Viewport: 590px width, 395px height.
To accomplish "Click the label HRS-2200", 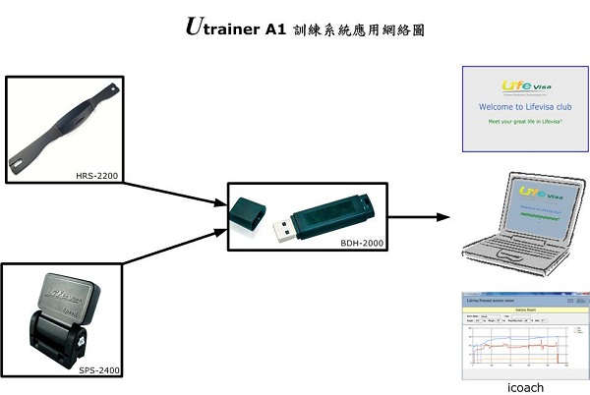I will pos(97,175).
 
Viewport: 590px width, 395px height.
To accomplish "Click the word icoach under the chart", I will pos(521,387).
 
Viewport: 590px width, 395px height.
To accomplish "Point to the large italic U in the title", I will pos(196,27).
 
